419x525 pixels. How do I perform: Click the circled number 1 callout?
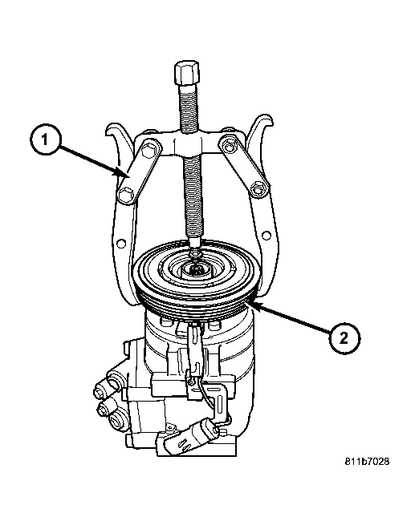pyautogui.click(x=45, y=139)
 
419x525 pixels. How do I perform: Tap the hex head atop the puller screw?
pyautogui.click(x=187, y=73)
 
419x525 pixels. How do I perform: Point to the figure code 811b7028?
pyautogui.click(x=368, y=462)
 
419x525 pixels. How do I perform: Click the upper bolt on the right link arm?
pyautogui.click(x=229, y=147)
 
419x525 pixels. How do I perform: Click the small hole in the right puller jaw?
pyautogui.click(x=266, y=236)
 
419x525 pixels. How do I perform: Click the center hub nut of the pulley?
pyautogui.click(x=195, y=269)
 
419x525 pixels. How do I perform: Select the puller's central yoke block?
pyautogui.click(x=188, y=144)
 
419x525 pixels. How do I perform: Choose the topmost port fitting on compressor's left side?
pyautogui.click(x=112, y=379)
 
